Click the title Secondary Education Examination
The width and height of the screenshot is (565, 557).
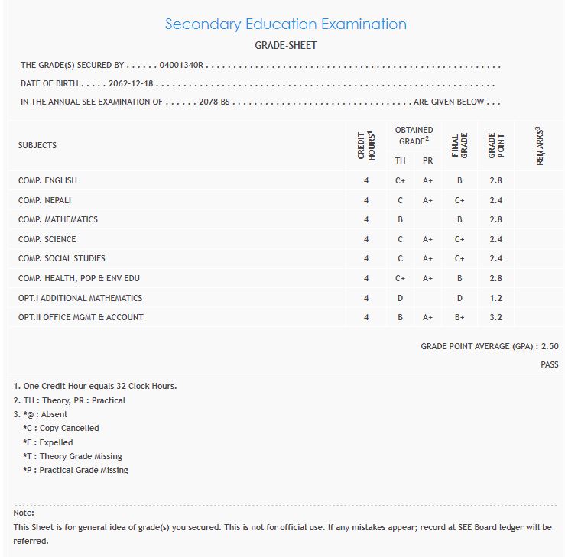(x=285, y=24)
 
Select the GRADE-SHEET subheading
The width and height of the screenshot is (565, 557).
(x=285, y=45)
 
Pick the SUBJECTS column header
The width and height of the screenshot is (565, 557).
(x=37, y=145)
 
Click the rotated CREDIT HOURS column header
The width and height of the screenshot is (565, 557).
(x=366, y=144)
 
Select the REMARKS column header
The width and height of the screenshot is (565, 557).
(x=540, y=145)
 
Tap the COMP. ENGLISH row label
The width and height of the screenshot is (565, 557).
(x=47, y=180)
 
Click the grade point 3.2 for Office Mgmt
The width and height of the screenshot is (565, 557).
(x=496, y=317)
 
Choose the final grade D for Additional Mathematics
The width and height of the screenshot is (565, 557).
(x=459, y=298)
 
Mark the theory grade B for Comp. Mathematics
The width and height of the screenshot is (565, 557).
(x=400, y=220)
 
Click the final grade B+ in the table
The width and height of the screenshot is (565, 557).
(x=459, y=317)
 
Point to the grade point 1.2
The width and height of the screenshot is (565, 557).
(x=496, y=298)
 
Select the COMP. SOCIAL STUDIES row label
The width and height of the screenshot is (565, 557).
(x=62, y=258)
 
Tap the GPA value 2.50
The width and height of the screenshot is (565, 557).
(x=550, y=346)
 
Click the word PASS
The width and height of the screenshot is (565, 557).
(x=549, y=365)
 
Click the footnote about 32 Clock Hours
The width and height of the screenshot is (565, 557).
(x=95, y=386)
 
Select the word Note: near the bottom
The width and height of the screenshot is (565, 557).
(x=24, y=513)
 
